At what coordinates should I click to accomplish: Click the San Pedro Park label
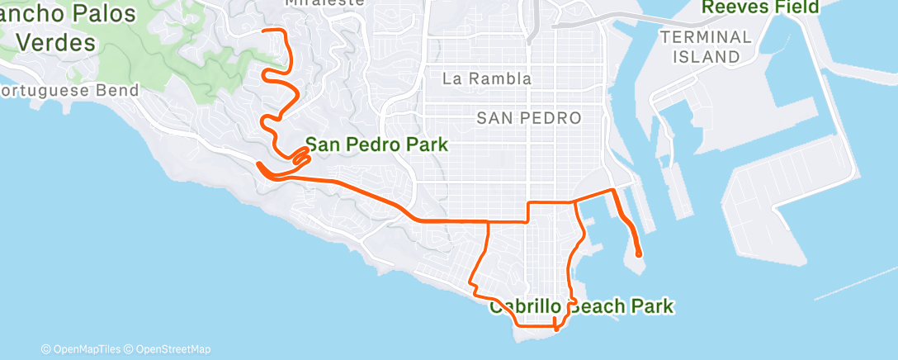click(376, 145)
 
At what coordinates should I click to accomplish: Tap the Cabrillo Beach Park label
click(581, 307)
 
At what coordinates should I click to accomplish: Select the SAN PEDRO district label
click(528, 118)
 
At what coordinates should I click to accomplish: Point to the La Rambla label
click(487, 79)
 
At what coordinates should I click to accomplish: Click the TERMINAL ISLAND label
click(706, 47)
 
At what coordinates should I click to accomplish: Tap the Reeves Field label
click(760, 7)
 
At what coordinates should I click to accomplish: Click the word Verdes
click(56, 41)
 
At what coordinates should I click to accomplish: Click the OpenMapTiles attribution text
click(83, 349)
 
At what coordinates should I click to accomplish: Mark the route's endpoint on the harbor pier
click(640, 255)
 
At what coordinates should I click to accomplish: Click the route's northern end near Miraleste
click(264, 31)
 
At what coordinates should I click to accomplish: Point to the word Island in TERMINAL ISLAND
click(706, 57)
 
